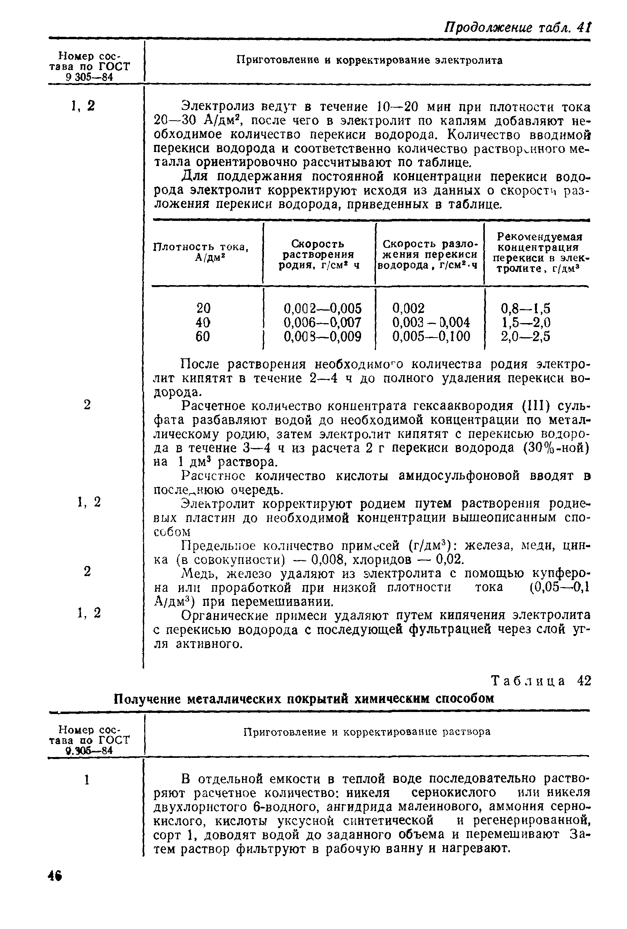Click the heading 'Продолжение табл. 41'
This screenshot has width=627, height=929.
pos(517,27)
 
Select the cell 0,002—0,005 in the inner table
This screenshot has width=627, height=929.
pos(322,308)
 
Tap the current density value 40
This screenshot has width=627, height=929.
pos(203,322)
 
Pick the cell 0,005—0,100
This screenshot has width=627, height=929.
pos(431,336)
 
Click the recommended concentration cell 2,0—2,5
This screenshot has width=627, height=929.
pos(525,336)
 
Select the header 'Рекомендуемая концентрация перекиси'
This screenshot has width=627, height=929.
pos(538,253)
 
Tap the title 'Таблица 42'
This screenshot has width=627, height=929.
pos(540,681)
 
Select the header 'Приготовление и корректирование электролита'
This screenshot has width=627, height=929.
pos(369,60)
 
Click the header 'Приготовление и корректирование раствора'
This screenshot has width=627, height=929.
pos(367,732)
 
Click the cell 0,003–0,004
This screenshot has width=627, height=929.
pos(431,322)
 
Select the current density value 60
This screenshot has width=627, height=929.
pos(203,336)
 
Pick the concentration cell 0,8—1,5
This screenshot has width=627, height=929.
pos(525,308)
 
